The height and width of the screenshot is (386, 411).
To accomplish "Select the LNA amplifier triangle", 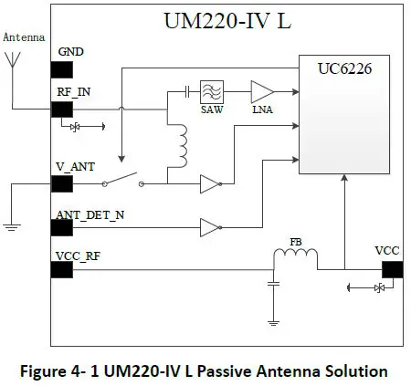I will pos(262,91).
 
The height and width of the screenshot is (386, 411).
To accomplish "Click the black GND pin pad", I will pos(62,68).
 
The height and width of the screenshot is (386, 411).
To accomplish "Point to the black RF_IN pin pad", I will pos(62,109).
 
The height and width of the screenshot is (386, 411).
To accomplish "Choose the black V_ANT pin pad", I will pos(62,183).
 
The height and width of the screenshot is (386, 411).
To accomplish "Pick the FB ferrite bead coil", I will pos(296,258).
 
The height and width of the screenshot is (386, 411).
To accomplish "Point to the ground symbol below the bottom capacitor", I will pos(272,318).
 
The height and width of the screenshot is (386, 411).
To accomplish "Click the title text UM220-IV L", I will pos(228,20).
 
